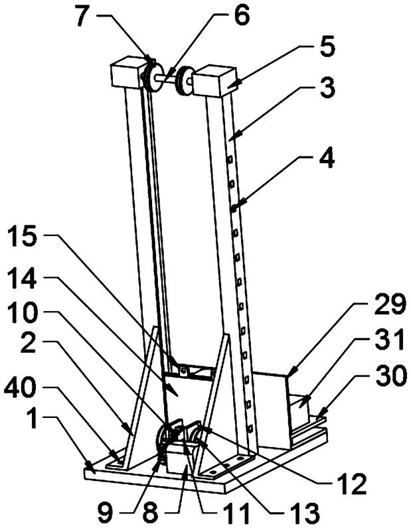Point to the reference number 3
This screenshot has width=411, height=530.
click(x=327, y=88)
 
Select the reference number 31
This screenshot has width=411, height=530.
click(x=389, y=341)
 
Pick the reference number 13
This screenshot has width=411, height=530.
click(x=305, y=514)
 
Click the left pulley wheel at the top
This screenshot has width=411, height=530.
click(x=151, y=76)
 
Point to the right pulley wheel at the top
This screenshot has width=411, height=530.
click(x=185, y=81)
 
